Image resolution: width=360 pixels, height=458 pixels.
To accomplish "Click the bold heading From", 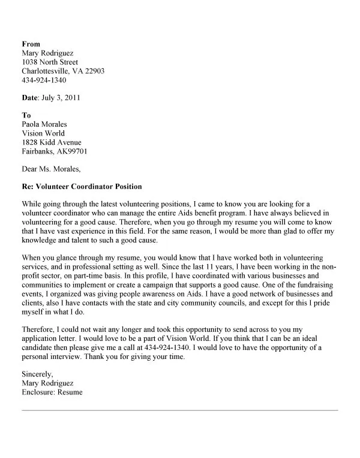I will (x=31, y=44).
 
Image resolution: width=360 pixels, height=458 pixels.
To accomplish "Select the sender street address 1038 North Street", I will (x=50, y=62).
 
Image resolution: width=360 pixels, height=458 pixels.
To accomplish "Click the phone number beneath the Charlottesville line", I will (x=44, y=80).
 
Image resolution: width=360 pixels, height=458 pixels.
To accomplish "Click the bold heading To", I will (x=26, y=115).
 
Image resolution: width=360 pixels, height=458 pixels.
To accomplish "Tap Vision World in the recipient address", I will (x=43, y=133).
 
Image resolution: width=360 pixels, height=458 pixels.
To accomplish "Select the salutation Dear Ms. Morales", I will (x=50, y=169).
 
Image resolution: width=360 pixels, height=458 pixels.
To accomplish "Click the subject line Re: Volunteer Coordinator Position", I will (x=82, y=187).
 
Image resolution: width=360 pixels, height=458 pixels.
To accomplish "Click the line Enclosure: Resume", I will (x=52, y=393).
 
